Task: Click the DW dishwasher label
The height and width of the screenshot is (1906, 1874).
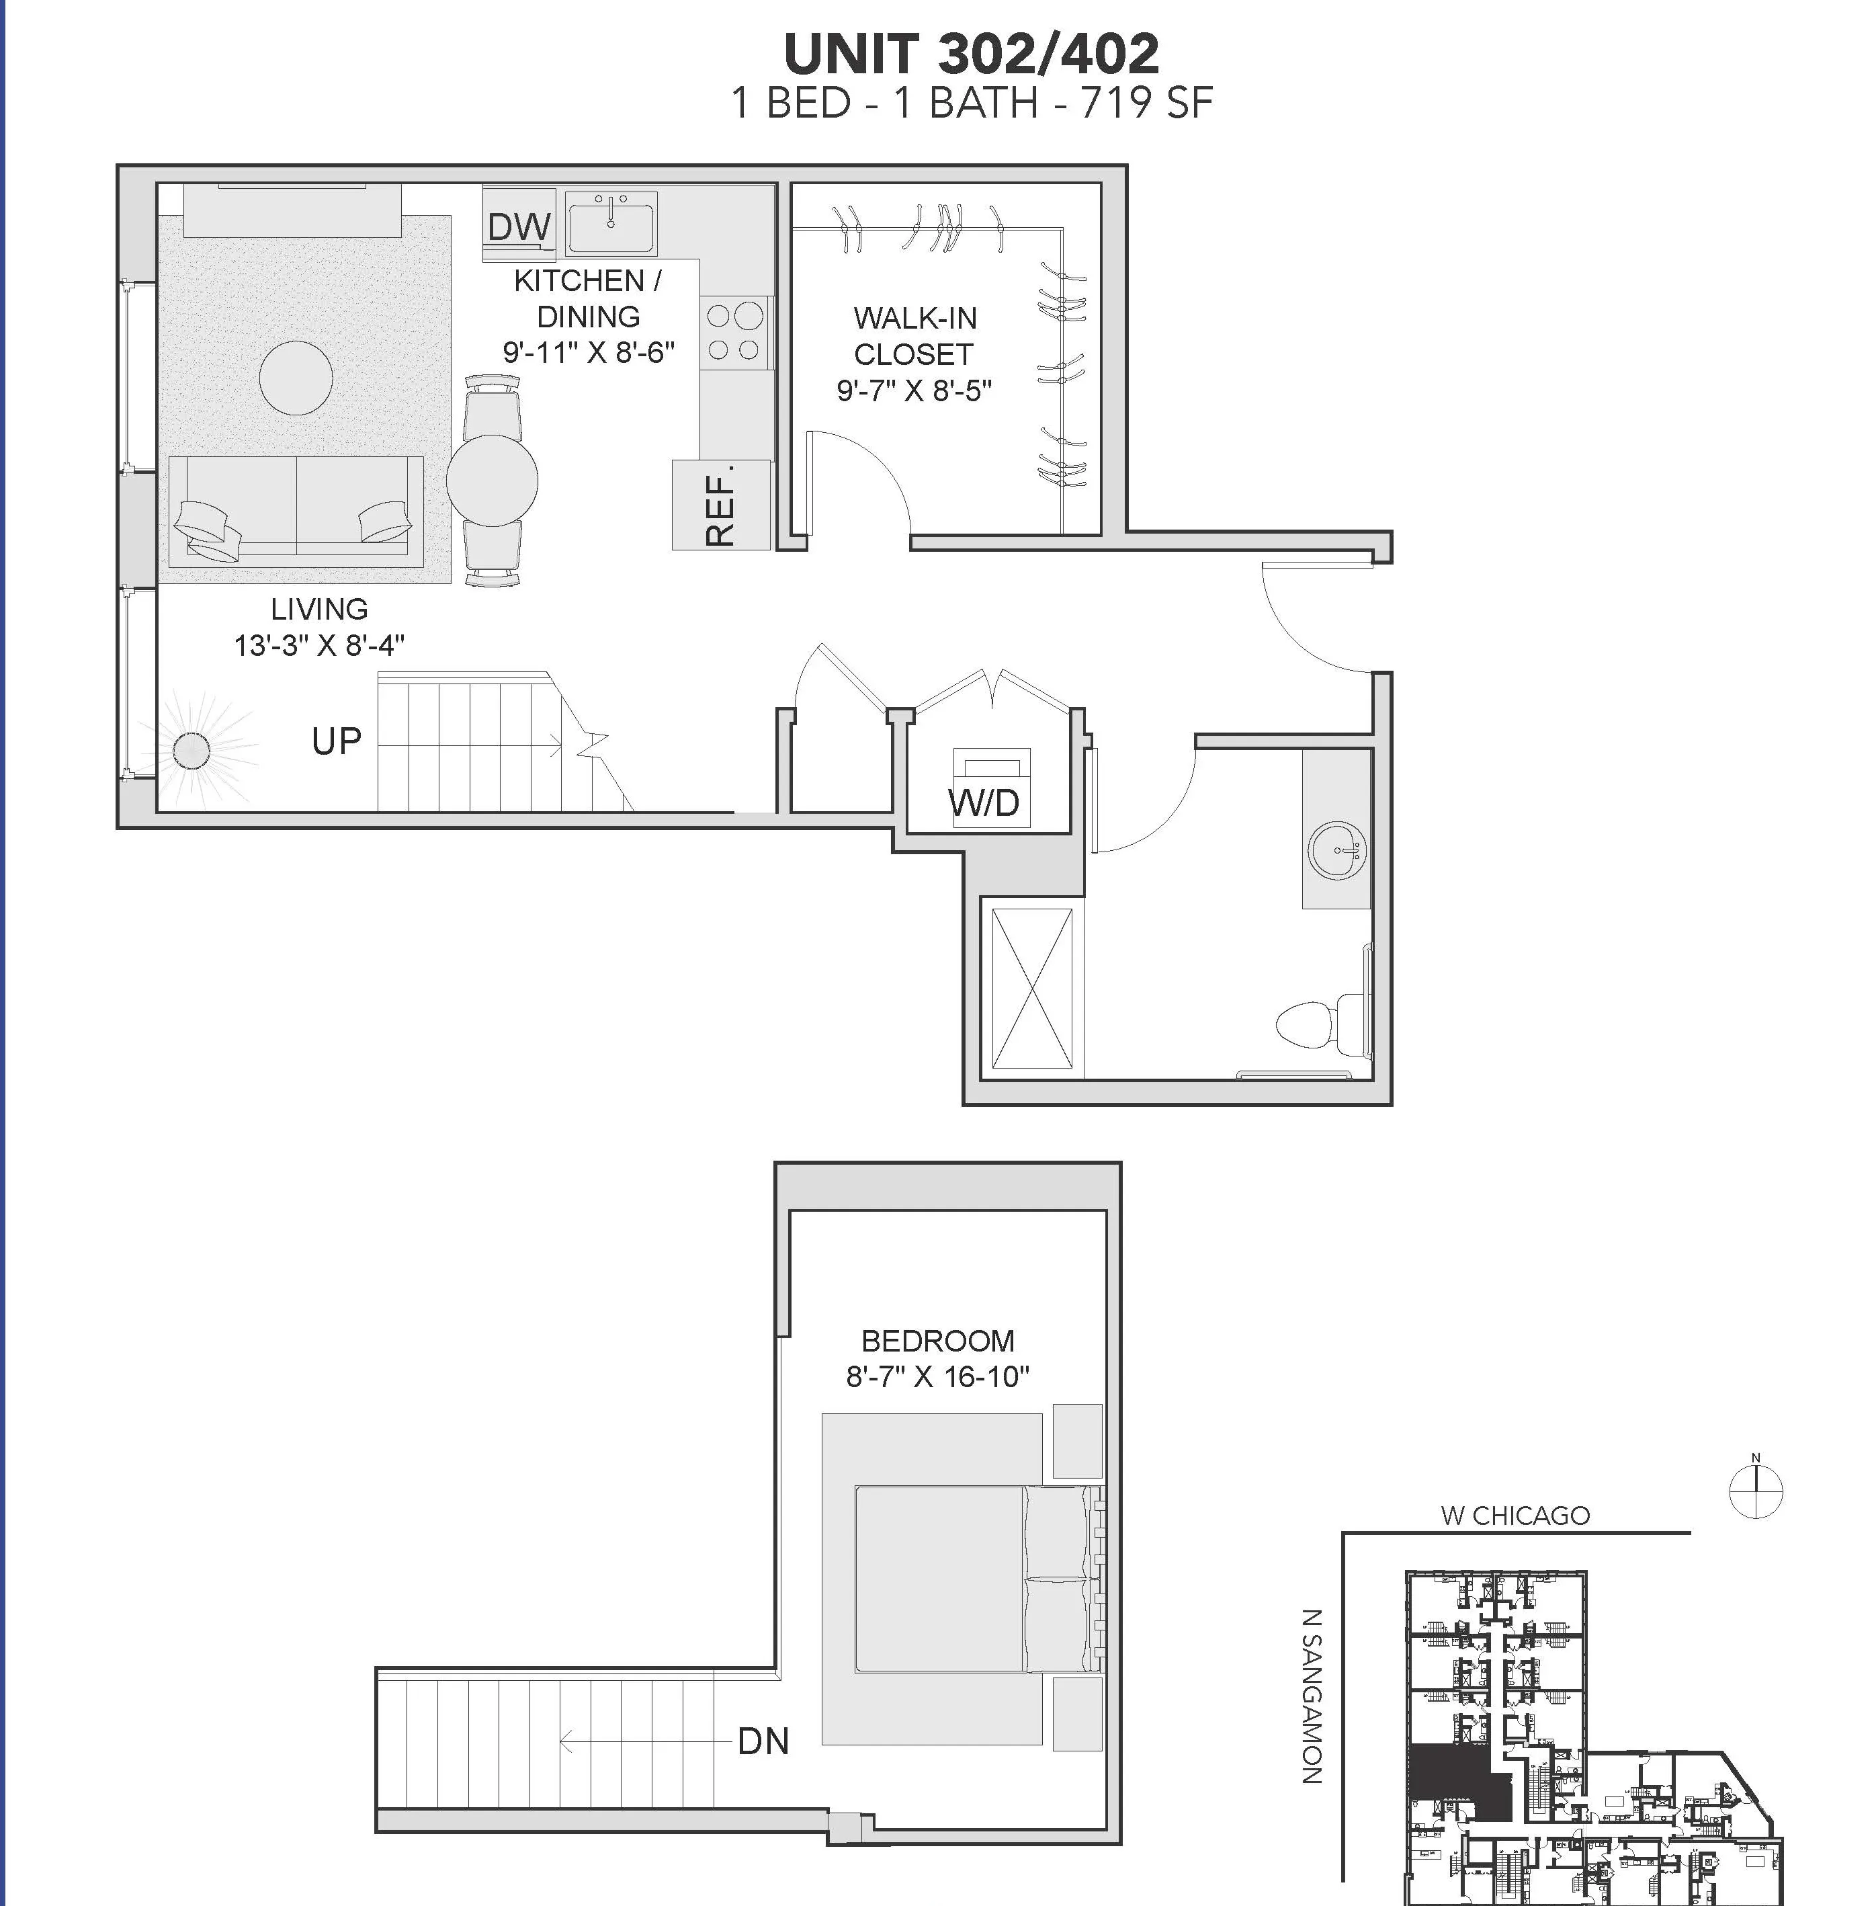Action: [x=519, y=227]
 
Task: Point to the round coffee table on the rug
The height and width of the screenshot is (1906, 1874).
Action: [x=295, y=377]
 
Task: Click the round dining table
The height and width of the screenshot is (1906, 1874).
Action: [x=492, y=481]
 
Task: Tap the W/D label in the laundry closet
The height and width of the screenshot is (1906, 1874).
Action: [x=985, y=802]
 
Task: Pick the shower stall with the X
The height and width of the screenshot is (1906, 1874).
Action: [x=1031, y=987]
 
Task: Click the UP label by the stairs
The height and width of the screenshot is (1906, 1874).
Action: [x=337, y=741]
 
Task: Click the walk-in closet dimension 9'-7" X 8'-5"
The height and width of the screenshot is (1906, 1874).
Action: [x=913, y=391]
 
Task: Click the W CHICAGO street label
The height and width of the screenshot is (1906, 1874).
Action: [x=1515, y=1515]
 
